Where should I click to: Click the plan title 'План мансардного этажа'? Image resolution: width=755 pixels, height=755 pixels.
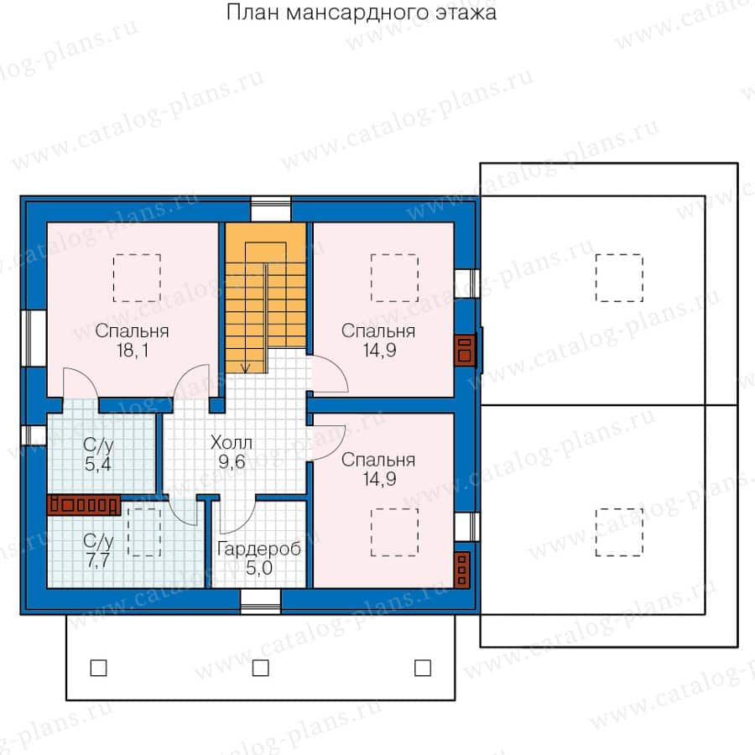click(361, 13)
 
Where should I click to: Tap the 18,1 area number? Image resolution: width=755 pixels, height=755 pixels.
click(133, 351)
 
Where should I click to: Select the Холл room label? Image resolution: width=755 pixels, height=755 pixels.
click(232, 442)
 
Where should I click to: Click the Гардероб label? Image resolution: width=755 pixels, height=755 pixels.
click(258, 550)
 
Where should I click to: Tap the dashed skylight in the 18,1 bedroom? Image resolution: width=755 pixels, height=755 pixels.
click(136, 278)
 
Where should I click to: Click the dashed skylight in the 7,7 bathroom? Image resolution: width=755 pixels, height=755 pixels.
click(143, 532)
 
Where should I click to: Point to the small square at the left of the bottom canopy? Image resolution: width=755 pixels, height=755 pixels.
click(98, 668)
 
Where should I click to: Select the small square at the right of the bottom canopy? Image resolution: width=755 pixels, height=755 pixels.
click(422, 668)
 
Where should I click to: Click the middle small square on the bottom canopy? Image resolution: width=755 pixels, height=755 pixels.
click(260, 668)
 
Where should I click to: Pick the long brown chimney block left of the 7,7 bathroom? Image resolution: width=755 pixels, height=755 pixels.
click(85, 505)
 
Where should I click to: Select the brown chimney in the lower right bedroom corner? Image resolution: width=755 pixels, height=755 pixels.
click(463, 570)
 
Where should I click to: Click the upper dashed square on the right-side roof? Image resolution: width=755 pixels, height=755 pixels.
click(619, 278)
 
